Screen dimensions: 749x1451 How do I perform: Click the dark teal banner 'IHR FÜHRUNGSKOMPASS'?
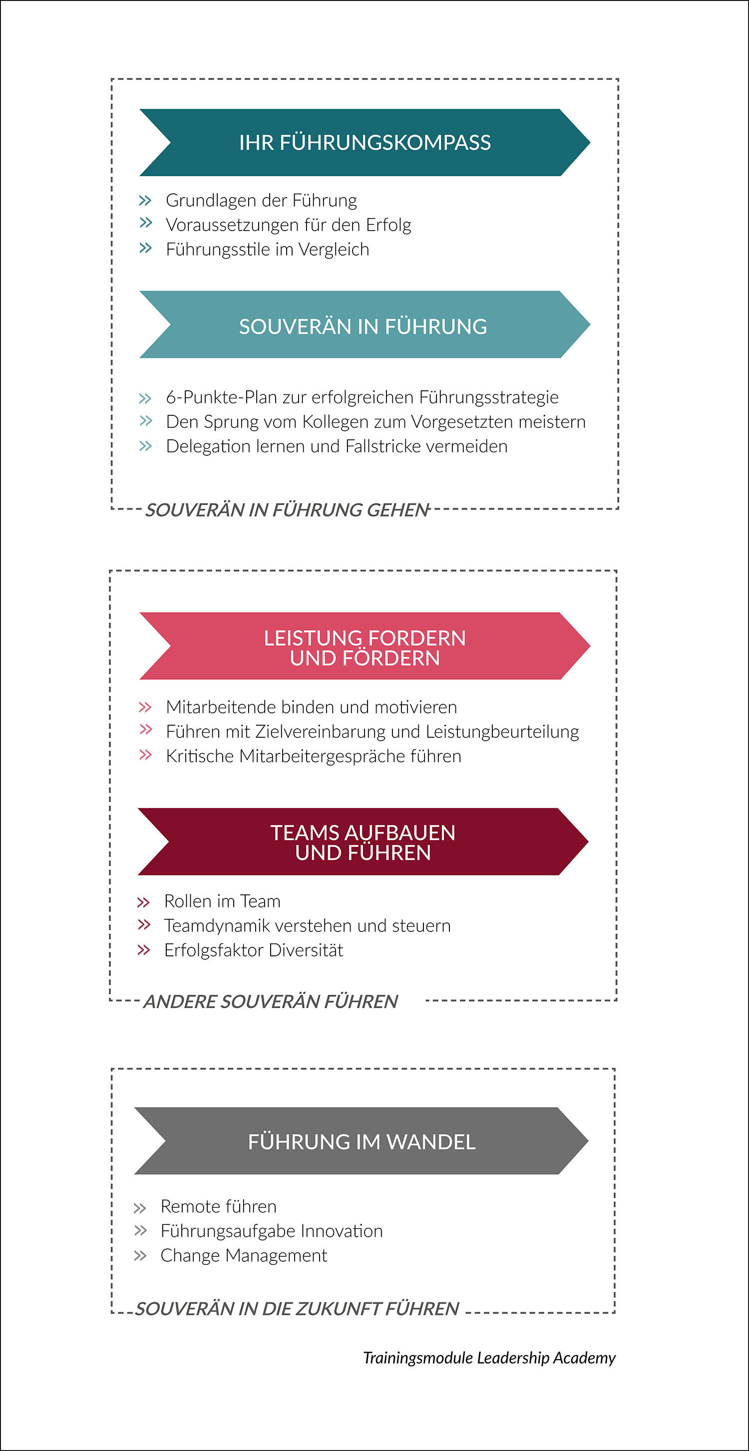365,143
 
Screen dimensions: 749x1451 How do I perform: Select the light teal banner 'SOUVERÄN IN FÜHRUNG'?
365,324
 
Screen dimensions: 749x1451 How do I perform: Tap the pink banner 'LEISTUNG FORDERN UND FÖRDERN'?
365,645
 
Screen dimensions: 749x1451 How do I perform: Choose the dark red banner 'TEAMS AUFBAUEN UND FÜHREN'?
363,842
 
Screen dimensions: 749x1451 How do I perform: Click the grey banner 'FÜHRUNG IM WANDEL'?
361,1141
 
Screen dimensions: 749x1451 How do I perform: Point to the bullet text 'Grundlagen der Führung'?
262,201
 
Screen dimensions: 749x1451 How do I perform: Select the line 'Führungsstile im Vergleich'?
268,250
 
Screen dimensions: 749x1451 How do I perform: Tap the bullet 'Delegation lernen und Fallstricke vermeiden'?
337,446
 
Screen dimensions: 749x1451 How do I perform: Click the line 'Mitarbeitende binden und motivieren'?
312,707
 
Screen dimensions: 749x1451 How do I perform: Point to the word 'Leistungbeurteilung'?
502,732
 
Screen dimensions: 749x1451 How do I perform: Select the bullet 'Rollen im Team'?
222,901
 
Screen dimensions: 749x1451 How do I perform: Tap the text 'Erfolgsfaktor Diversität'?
254,950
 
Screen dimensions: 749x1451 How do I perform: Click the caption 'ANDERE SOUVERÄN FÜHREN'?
271,1001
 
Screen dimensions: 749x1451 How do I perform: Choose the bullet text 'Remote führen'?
219,1206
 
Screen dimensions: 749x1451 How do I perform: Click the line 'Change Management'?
244,1255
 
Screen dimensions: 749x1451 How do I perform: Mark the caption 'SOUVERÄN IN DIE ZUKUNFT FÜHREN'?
297,1308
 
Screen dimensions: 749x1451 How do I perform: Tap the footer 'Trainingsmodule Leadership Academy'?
489,1358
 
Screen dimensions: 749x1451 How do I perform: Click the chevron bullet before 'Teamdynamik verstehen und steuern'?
144,925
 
